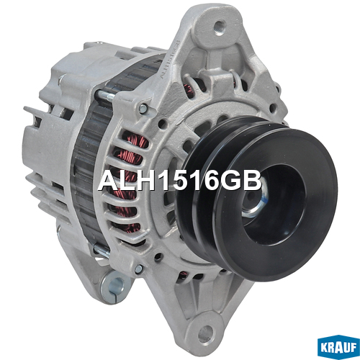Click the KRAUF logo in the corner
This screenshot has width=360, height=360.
[x=338, y=347]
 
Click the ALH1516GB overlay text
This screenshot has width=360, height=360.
[x=180, y=181]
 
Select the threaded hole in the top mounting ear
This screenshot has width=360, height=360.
[x=219, y=27]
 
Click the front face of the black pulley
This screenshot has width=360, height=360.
[x=276, y=204]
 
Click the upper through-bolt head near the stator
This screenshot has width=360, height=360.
[x=106, y=96]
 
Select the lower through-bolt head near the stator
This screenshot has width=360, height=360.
[x=102, y=250]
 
